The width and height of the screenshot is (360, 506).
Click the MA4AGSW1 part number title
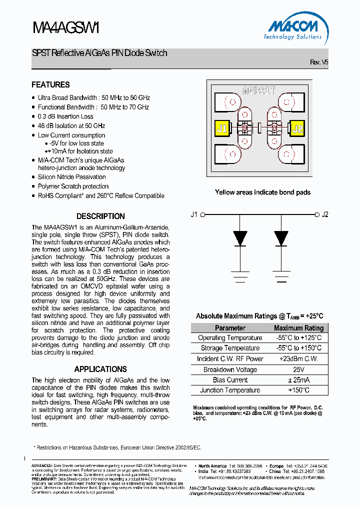coord(66,28)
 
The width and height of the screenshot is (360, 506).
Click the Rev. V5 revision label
coord(319,62)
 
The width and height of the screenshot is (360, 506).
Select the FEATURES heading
coord(50,85)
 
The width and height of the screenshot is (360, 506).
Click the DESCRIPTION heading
coord(100,216)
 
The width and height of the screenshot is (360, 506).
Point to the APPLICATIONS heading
coord(100,369)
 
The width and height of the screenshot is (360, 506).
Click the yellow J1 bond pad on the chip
coord(221,128)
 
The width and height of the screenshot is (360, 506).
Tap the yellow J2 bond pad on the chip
coord(297,128)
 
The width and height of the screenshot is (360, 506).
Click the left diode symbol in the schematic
coord(241,238)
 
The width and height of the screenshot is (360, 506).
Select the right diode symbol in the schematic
coord(281,238)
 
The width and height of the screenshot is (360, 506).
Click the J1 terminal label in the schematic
coord(194,215)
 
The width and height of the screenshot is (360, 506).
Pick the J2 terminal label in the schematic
coord(325,215)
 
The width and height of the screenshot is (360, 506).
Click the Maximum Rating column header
coord(298,328)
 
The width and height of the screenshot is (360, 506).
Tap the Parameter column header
coord(230,328)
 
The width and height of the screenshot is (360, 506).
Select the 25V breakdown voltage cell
coord(298,369)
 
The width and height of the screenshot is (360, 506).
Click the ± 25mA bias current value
coord(298,380)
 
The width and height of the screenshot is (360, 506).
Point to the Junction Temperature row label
coord(230,390)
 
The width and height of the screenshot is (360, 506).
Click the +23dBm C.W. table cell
coord(298,359)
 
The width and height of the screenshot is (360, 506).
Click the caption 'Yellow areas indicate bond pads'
coord(262,192)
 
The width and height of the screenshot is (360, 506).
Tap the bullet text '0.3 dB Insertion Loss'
coord(65,116)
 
